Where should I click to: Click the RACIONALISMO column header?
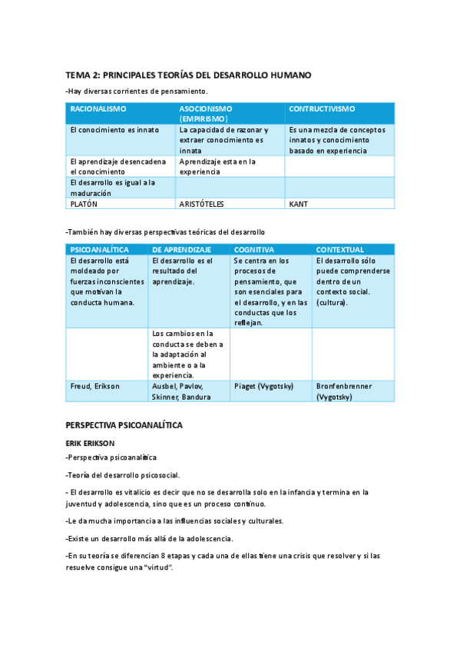(98, 109)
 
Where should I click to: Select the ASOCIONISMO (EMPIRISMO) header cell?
(206, 114)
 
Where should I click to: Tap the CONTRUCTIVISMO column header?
(322, 109)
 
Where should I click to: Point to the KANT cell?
(298, 205)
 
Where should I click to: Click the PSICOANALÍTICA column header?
(99, 250)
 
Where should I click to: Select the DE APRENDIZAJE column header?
(182, 250)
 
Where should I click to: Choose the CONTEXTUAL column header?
(340, 250)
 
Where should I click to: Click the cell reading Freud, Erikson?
(95, 386)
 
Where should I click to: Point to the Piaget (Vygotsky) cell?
(263, 386)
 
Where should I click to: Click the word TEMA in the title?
(78, 75)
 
